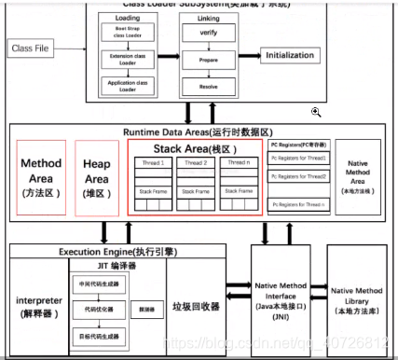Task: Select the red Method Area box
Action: [41, 177]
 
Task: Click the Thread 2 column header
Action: [196, 163]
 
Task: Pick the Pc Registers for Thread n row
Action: [300, 203]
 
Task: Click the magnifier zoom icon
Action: [316, 112]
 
